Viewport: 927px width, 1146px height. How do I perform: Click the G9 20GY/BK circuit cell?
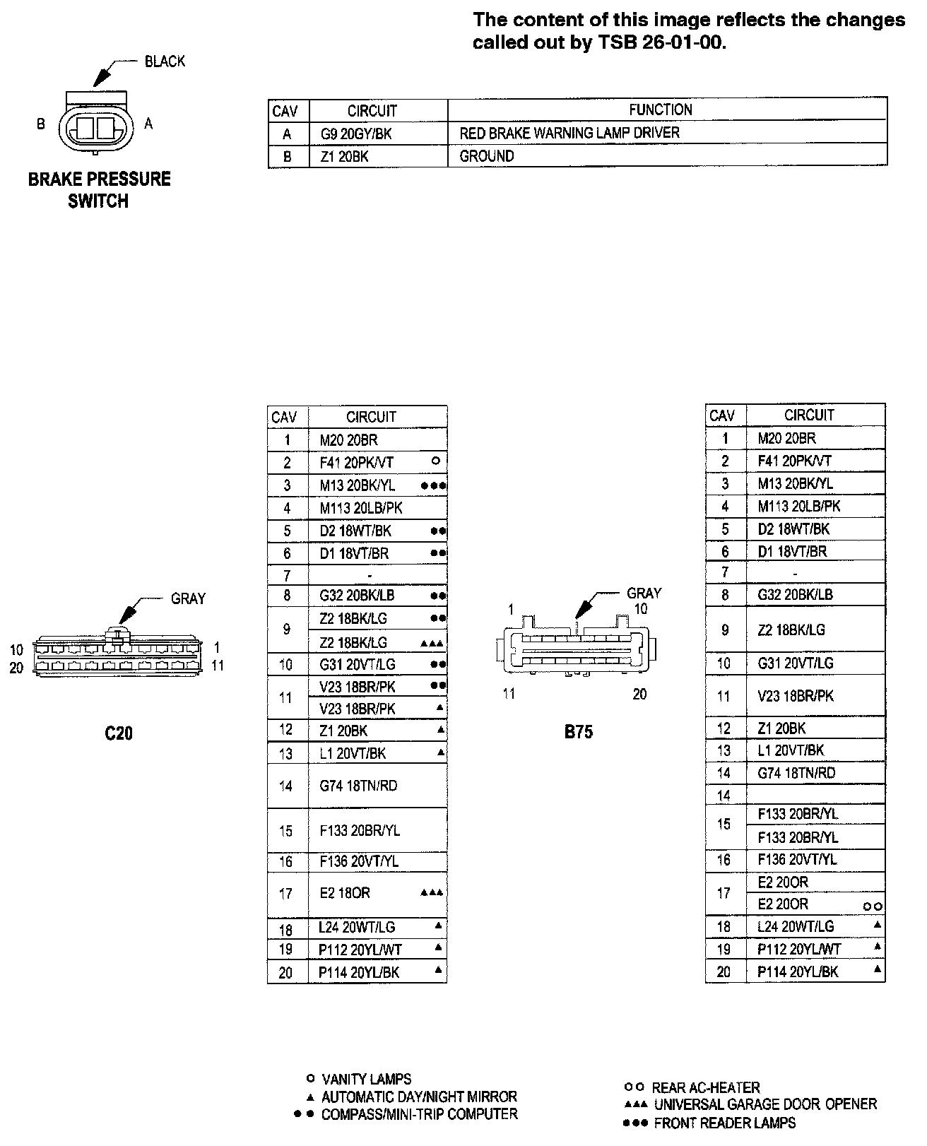(x=351, y=133)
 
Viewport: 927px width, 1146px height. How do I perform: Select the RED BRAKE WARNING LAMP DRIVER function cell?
(x=569, y=133)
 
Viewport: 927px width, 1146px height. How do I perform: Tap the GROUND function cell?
(x=487, y=156)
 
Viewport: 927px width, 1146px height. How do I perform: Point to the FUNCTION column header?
(x=660, y=110)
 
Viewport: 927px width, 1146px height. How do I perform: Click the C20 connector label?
(x=119, y=733)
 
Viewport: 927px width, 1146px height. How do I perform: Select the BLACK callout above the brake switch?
(x=165, y=61)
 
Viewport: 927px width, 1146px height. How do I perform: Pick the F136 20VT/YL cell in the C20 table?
(x=359, y=861)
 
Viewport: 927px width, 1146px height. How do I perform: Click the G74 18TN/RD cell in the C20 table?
(x=358, y=786)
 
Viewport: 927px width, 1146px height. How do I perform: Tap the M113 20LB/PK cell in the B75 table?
(x=799, y=506)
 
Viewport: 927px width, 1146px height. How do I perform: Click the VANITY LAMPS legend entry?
(x=366, y=1079)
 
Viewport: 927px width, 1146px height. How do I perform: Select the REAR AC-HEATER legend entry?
(x=705, y=1087)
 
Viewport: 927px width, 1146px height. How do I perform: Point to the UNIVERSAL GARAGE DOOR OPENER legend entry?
(x=764, y=1104)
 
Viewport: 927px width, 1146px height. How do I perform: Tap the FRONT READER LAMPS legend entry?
(x=724, y=1123)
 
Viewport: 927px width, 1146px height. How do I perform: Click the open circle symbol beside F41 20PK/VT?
(x=435, y=461)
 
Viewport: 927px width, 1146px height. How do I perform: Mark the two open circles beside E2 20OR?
(x=873, y=906)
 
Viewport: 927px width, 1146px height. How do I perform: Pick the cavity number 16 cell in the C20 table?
(x=286, y=861)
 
